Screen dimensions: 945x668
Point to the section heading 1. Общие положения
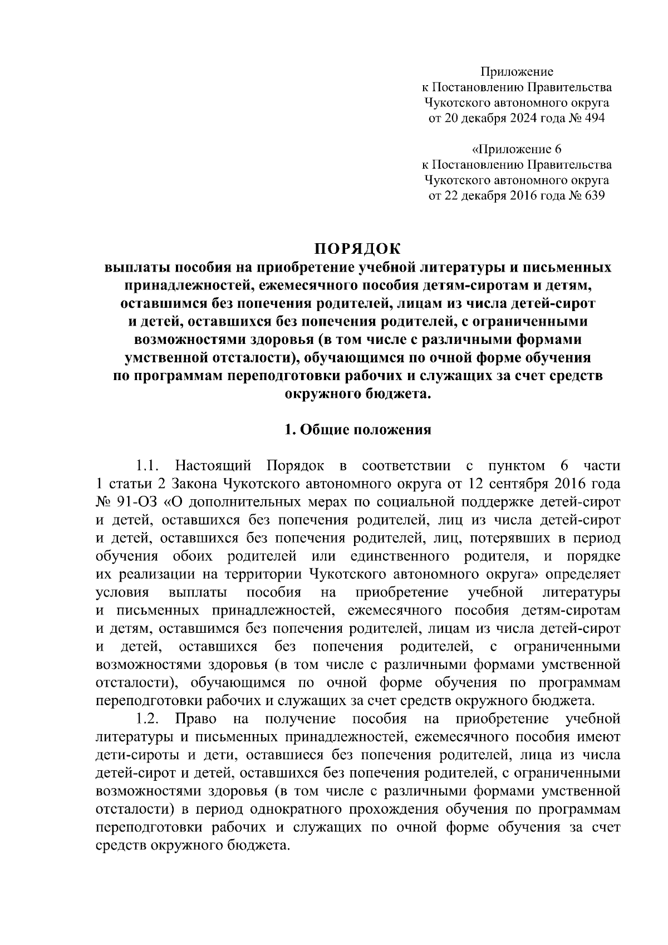click(x=357, y=429)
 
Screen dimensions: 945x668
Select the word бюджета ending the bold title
click(x=399, y=393)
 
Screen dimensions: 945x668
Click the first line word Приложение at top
click(x=517, y=71)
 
